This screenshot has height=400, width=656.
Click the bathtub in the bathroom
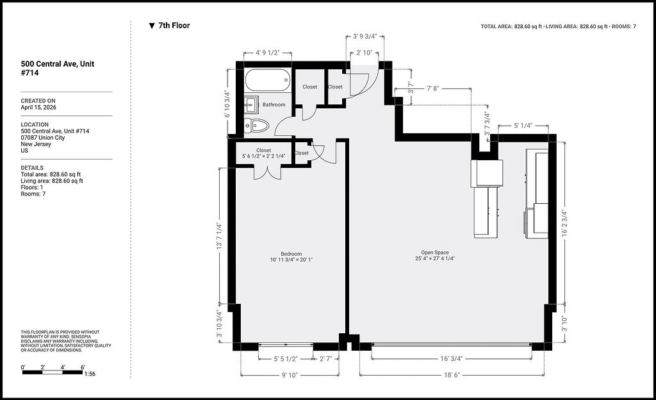(268, 80)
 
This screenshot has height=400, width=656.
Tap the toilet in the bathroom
(256, 125)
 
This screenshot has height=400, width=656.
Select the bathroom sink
(251, 104)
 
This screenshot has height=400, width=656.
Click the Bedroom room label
(291, 254)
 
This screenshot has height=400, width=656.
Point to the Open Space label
(435, 253)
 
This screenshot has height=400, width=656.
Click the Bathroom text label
(274, 104)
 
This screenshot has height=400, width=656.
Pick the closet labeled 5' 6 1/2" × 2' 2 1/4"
(263, 153)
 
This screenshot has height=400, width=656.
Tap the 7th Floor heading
(174, 26)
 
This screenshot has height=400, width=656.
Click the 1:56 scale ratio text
(90, 374)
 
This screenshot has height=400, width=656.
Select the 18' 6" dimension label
(452, 375)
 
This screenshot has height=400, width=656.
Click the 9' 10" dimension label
(290, 375)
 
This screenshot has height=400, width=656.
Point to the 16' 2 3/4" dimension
(564, 224)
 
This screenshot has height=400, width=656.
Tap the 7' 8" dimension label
(433, 88)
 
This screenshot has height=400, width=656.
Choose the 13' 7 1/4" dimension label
(219, 237)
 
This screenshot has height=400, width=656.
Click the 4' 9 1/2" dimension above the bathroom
(268, 53)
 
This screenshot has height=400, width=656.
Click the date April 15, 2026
(38, 108)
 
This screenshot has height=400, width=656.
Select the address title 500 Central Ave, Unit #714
(58, 68)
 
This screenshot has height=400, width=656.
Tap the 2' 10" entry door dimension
(364, 53)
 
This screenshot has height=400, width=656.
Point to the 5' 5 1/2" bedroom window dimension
(286, 359)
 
